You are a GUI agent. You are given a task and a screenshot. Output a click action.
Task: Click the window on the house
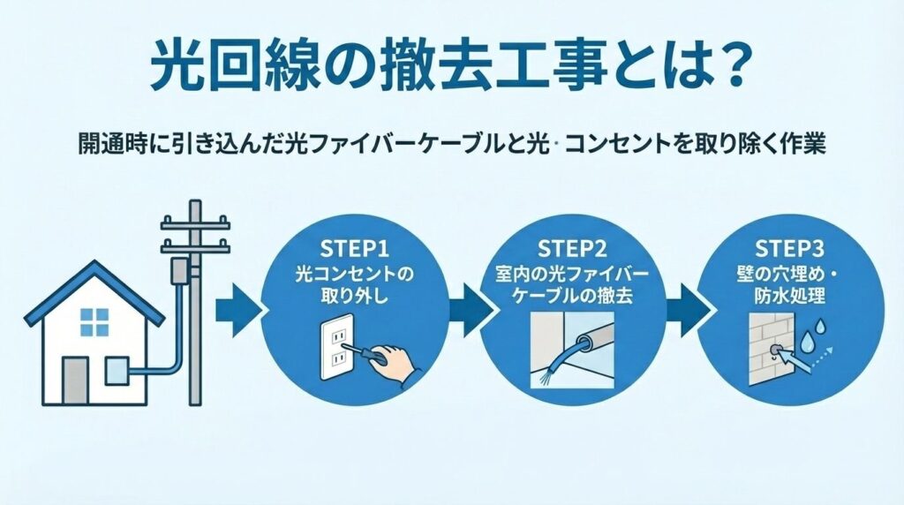tap(94, 322)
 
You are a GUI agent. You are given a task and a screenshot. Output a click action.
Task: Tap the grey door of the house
tap(75, 380)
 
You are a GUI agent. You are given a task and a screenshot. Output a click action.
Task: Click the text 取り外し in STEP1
tap(352, 294)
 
